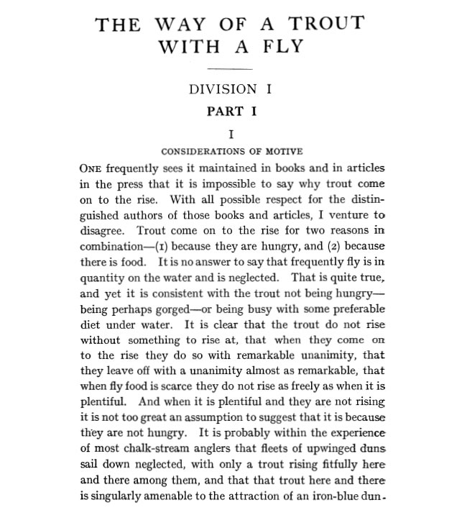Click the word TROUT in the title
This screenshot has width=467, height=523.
click(325, 23)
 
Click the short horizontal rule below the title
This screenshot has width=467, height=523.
click(229, 70)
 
